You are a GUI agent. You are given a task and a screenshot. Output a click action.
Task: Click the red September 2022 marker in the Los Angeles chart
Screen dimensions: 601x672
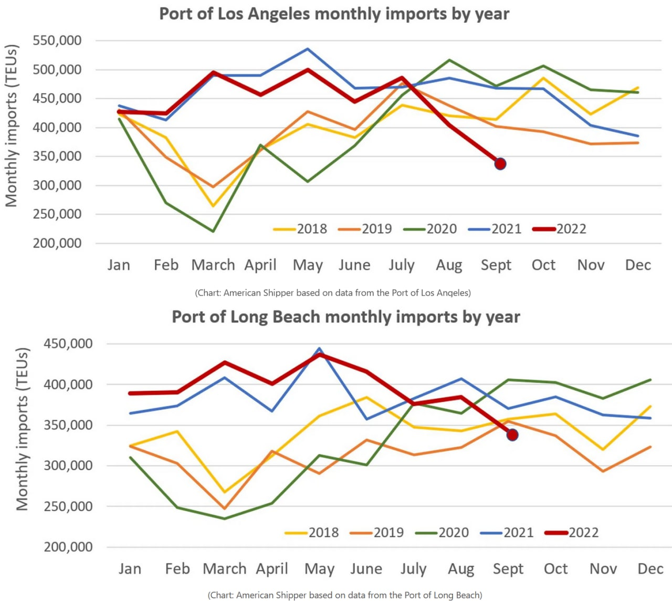click(x=500, y=164)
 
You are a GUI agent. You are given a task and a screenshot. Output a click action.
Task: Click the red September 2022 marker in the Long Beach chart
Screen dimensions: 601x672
click(x=512, y=434)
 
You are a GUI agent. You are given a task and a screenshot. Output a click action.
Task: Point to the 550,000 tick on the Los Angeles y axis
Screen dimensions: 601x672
click(x=57, y=40)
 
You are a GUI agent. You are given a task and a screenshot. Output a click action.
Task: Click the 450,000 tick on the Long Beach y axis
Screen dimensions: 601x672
click(x=68, y=344)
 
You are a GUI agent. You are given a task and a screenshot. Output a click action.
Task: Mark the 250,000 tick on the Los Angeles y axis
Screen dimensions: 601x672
click(x=57, y=214)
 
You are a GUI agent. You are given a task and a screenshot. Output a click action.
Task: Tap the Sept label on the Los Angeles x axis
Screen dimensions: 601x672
click(x=496, y=265)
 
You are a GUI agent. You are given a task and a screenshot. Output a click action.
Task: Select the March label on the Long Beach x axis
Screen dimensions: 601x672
click(x=225, y=568)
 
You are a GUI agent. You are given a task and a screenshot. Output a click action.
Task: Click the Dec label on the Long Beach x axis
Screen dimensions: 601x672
click(x=650, y=568)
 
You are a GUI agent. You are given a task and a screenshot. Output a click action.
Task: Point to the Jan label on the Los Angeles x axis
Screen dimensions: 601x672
click(x=119, y=265)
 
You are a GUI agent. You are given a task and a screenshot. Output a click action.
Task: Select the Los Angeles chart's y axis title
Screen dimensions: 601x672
click(x=12, y=126)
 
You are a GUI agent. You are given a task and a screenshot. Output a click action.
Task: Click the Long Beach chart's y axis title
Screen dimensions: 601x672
click(x=22, y=429)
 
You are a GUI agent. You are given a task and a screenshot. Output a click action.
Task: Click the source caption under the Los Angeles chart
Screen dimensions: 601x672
click(x=333, y=293)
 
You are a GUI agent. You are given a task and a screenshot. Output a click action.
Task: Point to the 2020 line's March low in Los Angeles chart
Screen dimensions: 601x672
click(x=213, y=231)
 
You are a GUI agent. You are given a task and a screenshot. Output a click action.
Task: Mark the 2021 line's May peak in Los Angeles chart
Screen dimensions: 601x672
click(x=308, y=49)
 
